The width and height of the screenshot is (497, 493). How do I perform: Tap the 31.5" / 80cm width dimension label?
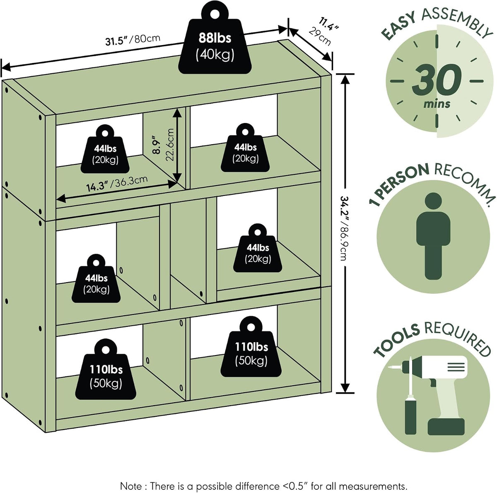point(133,40)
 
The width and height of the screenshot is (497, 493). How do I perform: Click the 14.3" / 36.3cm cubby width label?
point(117,183)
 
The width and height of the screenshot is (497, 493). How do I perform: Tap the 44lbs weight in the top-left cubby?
point(105,149)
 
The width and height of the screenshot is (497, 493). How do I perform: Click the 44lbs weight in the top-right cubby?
point(245,147)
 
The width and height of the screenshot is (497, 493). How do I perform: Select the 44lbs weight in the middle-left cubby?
point(96,278)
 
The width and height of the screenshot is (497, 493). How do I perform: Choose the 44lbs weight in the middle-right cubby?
point(257,248)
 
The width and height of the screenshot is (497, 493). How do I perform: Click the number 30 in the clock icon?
point(436,80)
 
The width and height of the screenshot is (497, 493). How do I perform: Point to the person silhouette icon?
point(433,236)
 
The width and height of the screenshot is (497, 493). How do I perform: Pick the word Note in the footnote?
point(131,479)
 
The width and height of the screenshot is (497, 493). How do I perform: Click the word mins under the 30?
point(437,104)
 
